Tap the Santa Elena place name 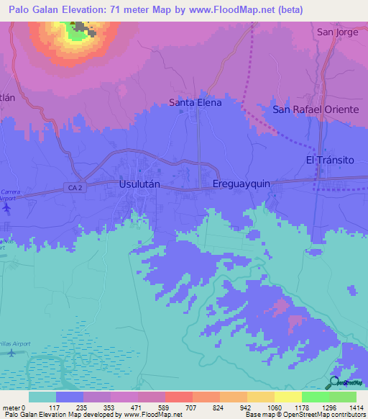click(195, 103)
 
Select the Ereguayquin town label click(241, 184)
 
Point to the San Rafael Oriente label click(316, 109)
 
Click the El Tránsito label click(330, 160)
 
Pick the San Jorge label click(336, 32)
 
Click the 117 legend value click(57, 407)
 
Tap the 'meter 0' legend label click(14, 407)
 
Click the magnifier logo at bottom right click(335, 382)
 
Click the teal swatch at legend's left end click(42, 397)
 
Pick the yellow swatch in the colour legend click(287, 397)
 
